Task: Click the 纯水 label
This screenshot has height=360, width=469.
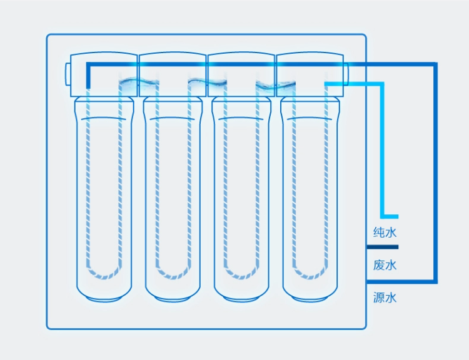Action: (385, 233)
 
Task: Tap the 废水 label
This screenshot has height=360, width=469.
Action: (385, 265)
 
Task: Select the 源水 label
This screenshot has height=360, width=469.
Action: (385, 297)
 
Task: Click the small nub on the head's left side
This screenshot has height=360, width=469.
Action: (68, 73)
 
